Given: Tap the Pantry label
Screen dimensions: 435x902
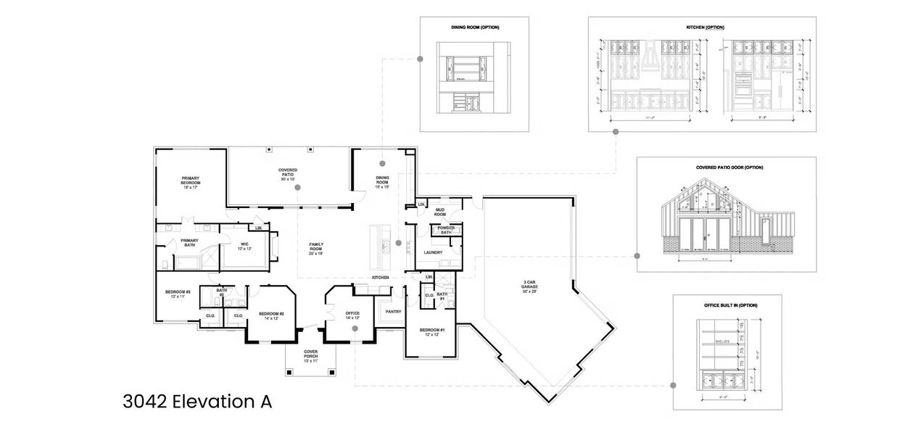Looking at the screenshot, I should tap(394, 312).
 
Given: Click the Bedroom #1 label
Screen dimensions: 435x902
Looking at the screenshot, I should tap(432, 332).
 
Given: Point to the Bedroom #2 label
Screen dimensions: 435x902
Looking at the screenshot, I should tap(271, 315).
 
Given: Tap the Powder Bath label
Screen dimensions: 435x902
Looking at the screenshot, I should tap(446, 230).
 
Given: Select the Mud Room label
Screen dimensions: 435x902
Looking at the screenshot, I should tap(440, 212).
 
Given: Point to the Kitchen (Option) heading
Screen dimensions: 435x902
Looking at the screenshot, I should tap(705, 28).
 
